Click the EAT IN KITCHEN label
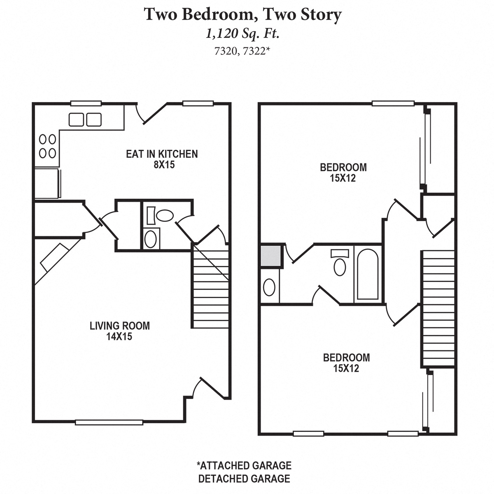(162, 154)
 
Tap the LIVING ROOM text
(120, 326)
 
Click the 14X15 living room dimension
(119, 336)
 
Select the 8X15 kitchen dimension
(162, 165)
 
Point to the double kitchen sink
(85, 119)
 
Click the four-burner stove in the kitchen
(47, 146)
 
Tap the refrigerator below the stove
(47, 183)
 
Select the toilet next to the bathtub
(340, 264)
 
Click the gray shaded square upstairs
(271, 256)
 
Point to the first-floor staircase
(210, 288)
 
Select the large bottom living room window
(109, 422)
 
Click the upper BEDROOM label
(343, 168)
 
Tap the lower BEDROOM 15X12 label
(346, 362)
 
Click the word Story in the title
(321, 15)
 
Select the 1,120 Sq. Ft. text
(243, 34)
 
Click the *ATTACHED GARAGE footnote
(244, 466)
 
